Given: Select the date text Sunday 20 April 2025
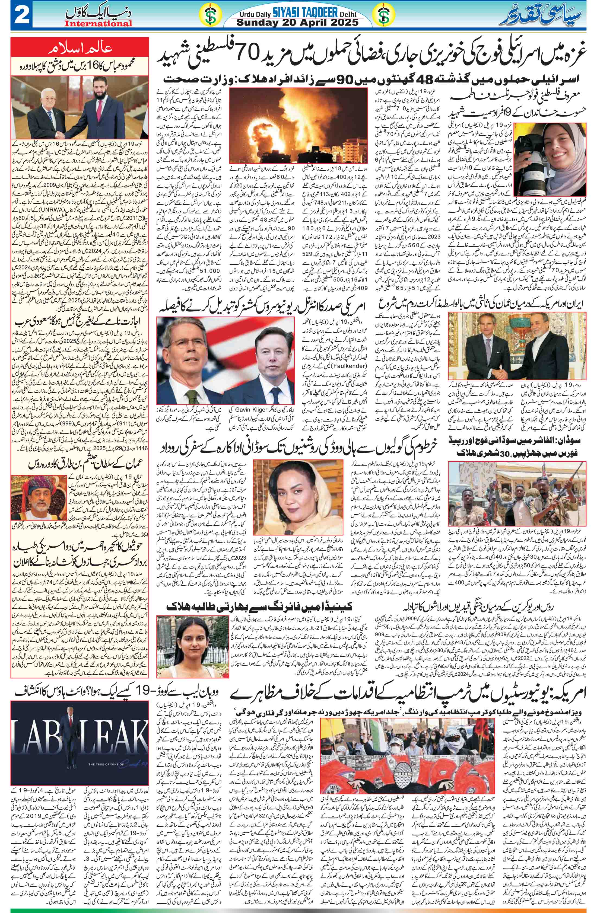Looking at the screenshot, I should click(297, 23).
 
